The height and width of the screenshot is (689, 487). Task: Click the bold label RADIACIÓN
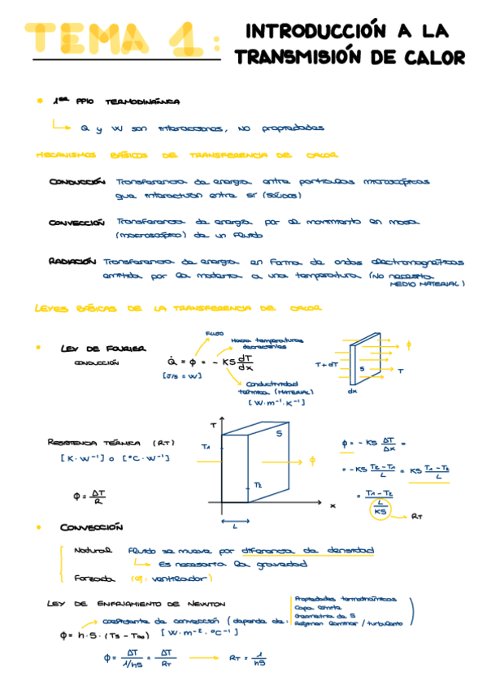tap(72, 262)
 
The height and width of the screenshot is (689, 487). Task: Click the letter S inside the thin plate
tap(362, 368)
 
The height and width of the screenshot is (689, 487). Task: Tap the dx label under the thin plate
tap(352, 391)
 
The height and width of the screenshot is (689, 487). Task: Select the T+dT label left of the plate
tap(326, 365)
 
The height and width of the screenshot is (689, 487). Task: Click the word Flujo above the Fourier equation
tap(215, 331)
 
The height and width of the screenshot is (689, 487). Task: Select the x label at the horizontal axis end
tap(332, 505)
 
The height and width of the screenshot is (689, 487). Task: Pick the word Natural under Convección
tap(91, 550)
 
